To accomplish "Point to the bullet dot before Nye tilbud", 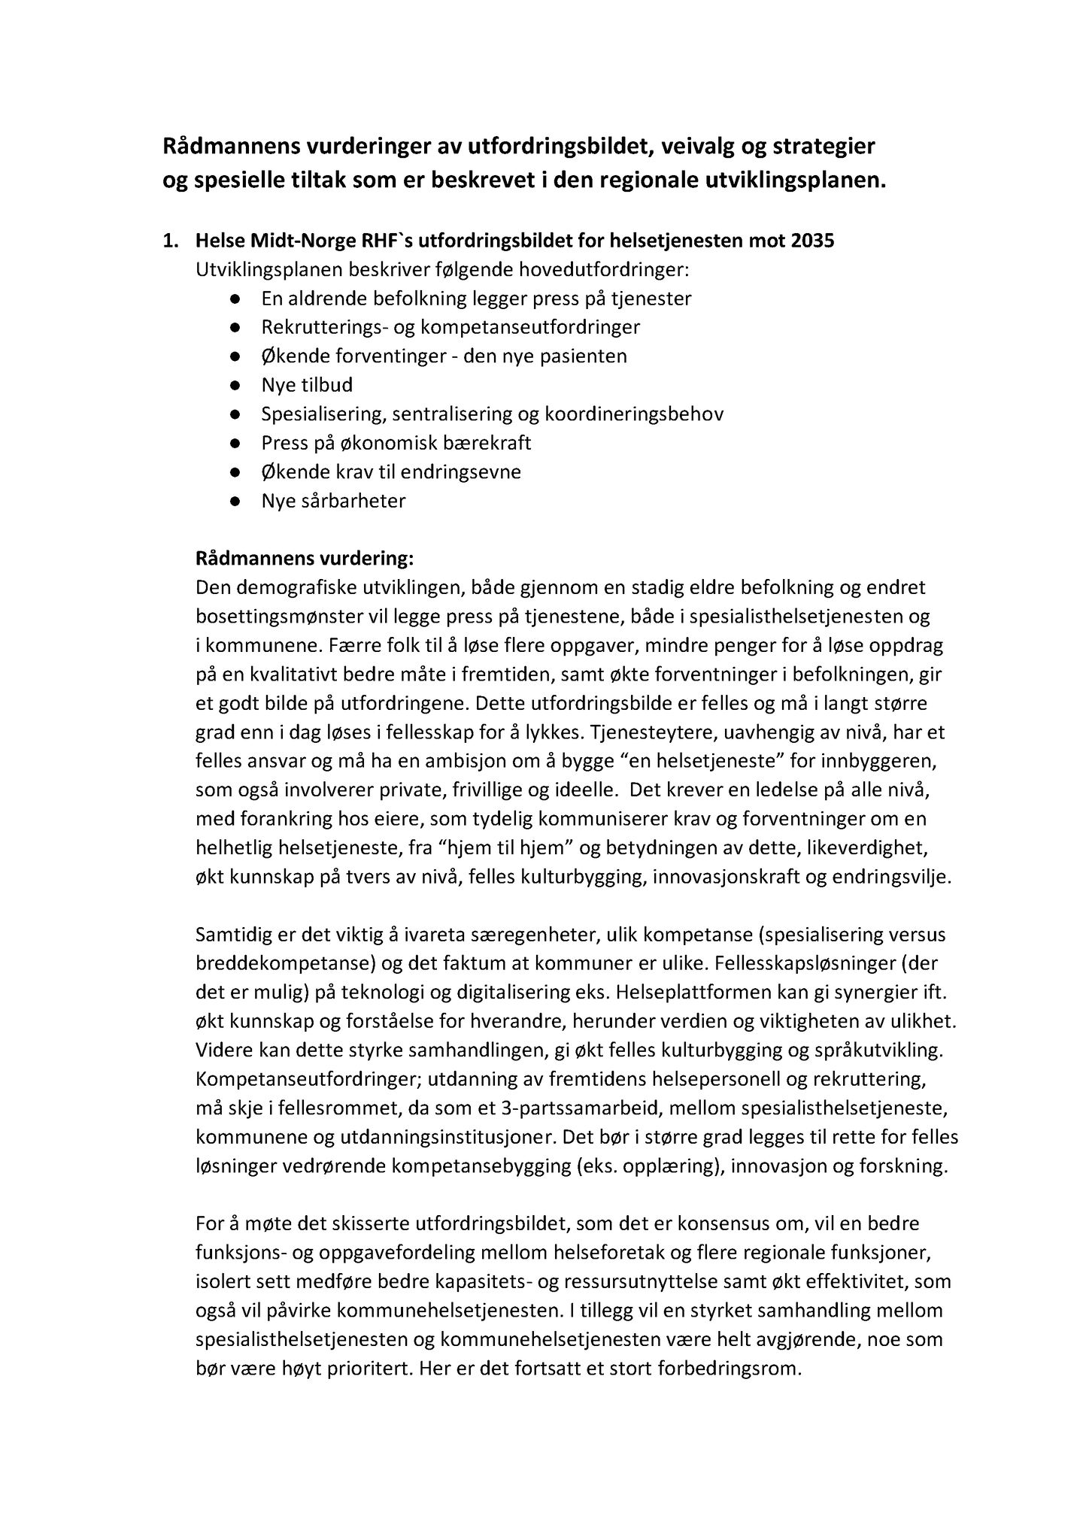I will click(235, 386).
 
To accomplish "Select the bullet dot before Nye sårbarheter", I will click(235, 501).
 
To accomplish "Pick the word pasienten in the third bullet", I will click(581, 356).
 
